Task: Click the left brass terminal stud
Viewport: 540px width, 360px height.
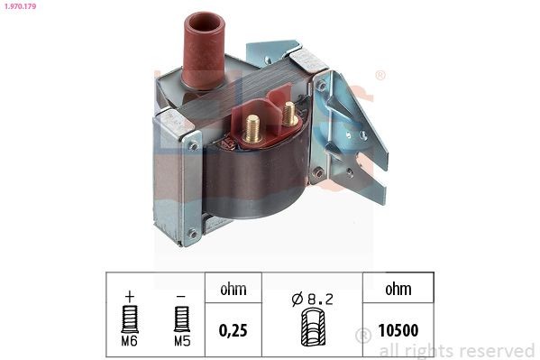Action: click(252, 126)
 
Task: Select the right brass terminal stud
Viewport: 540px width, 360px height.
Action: click(289, 114)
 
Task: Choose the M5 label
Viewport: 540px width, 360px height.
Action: click(182, 343)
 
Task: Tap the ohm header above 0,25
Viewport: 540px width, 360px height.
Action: click(233, 291)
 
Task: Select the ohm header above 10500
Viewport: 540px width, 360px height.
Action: click(397, 291)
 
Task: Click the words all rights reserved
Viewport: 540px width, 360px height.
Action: click(455, 350)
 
